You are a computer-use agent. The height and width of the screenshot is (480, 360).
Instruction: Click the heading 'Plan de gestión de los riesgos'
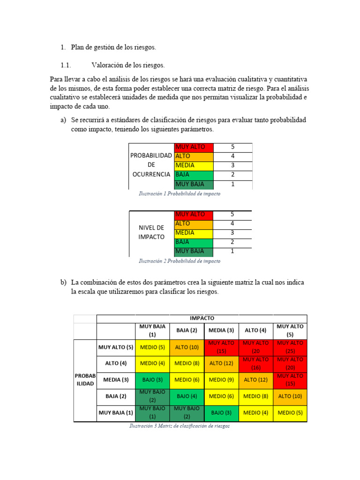point(113,47)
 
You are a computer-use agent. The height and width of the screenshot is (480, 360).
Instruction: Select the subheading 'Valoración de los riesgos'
point(128,65)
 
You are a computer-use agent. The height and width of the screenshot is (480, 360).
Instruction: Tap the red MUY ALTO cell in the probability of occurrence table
point(193,147)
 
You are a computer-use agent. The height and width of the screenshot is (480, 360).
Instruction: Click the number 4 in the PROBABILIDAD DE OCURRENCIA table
point(232,156)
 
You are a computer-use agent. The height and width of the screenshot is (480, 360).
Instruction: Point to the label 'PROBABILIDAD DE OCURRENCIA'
point(151,165)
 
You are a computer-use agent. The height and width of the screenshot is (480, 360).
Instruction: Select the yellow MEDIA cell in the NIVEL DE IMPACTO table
point(193,233)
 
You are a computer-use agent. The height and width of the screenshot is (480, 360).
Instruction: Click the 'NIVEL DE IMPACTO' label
point(151,232)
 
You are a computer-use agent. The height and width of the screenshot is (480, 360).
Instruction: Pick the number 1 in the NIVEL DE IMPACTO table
point(232,251)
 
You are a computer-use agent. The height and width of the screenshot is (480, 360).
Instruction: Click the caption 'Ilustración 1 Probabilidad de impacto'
point(180,194)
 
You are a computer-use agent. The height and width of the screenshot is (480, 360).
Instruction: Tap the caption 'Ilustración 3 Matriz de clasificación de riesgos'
point(180,426)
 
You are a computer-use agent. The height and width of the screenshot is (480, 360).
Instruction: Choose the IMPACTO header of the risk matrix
point(202,318)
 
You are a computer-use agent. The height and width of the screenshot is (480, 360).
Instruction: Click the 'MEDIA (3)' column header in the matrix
point(221,330)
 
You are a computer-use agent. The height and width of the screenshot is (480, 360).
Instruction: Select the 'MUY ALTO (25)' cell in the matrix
point(290,347)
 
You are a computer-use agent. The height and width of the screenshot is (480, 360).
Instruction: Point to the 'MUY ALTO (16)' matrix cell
point(255,363)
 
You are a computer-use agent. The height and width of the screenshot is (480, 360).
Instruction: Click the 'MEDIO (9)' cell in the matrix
point(221,380)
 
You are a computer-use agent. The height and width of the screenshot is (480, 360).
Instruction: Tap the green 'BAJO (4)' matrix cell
point(187,396)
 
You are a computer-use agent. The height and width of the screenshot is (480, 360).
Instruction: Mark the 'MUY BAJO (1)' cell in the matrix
point(152,412)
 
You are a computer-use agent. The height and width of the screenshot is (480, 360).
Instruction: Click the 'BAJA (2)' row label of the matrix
point(116,396)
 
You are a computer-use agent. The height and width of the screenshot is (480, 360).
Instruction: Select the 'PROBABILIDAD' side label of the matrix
point(85,380)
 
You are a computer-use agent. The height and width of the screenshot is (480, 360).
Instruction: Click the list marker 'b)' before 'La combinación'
point(63,283)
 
